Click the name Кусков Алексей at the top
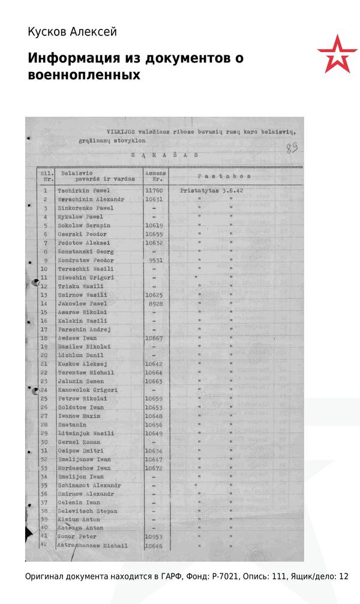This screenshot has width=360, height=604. pos(72,32)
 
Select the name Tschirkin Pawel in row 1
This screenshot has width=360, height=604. pos(83,190)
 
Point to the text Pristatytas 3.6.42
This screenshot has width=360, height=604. pos(215,190)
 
